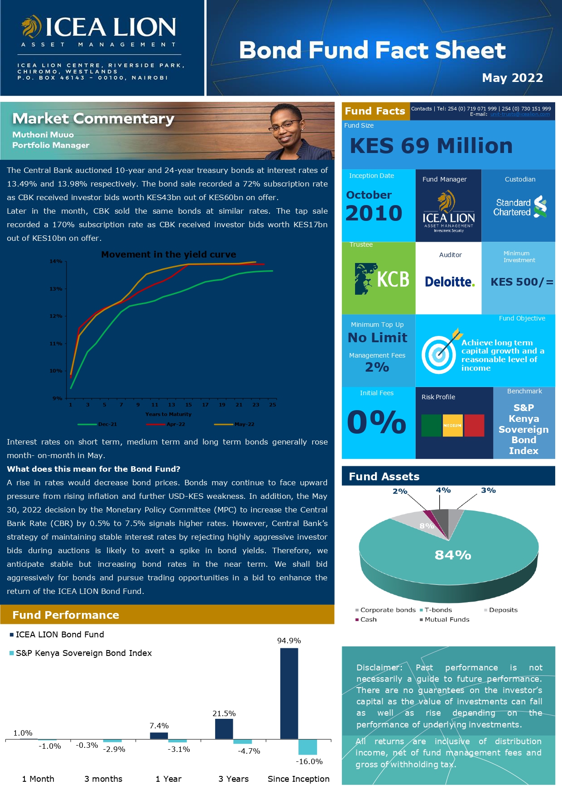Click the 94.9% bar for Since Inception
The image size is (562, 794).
[x=289, y=693]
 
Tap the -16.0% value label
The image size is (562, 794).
[x=309, y=761]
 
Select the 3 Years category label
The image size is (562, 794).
[x=233, y=779]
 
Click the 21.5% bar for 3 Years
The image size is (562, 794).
[x=224, y=729]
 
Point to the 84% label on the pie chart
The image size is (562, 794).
[x=453, y=555]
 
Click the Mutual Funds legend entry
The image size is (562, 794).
[x=447, y=619]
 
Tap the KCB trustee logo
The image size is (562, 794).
[x=382, y=279]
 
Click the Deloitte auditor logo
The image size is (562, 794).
[x=449, y=282]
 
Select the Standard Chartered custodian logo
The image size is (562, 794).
[x=520, y=207]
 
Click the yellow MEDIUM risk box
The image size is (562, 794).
[x=452, y=426]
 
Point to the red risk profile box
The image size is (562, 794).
[x=474, y=426]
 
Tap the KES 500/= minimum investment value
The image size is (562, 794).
[x=522, y=282]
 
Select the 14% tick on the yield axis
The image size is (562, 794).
[x=56, y=261]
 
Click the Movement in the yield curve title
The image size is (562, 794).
[x=168, y=254]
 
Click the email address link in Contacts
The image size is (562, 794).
[x=520, y=114]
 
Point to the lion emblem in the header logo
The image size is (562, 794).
[x=31, y=27]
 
